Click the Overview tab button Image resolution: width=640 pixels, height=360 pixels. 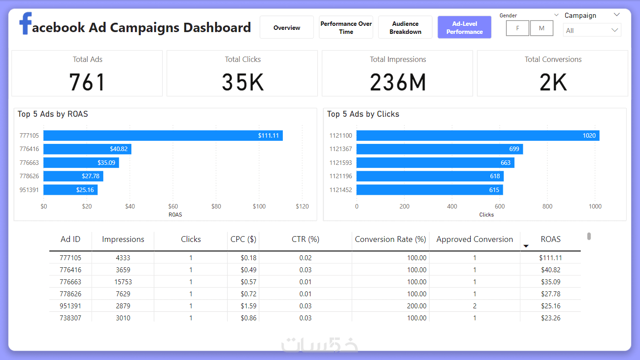click(x=287, y=28)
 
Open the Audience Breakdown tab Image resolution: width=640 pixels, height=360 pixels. click(x=405, y=28)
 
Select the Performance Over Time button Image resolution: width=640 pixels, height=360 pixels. click(x=346, y=28)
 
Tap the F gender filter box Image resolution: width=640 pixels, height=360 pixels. click(x=518, y=28)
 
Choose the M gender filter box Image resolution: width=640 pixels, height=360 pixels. click(x=542, y=28)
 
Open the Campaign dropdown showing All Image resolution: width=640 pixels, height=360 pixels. click(x=592, y=30)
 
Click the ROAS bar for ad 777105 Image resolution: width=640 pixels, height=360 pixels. click(x=163, y=135)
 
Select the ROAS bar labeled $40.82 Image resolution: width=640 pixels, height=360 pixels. click(x=87, y=149)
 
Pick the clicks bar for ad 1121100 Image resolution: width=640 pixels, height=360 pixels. click(x=477, y=135)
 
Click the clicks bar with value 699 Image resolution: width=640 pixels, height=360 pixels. click(x=439, y=149)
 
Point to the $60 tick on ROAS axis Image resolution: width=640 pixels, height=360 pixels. click(x=173, y=206)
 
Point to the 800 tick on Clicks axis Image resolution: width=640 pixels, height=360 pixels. click(x=547, y=206)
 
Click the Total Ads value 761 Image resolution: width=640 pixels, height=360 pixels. click(x=87, y=82)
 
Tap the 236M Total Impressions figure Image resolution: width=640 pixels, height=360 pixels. click(x=398, y=82)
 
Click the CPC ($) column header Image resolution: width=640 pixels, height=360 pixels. click(x=243, y=239)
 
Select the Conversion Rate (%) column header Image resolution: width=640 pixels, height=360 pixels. click(x=390, y=239)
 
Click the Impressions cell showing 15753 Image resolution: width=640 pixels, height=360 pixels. click(x=123, y=282)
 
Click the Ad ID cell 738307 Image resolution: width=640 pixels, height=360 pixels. click(x=70, y=318)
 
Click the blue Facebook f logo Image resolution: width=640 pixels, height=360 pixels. click(x=26, y=24)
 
